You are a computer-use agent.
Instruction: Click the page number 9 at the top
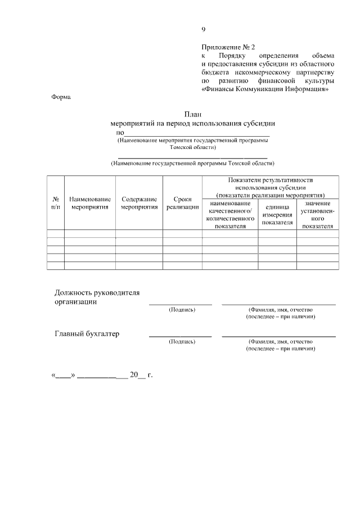pos(204,30)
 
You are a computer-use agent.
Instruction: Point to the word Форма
pos(61,97)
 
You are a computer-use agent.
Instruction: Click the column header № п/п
pos(56,203)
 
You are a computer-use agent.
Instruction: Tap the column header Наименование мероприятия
pos(90,203)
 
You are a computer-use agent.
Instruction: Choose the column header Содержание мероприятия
pos(139,203)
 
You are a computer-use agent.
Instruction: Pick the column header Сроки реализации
pos(183,203)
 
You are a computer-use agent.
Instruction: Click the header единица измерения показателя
pos(277,215)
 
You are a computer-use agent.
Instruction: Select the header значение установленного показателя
pos(318,215)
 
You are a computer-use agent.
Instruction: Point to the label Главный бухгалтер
pos(87,334)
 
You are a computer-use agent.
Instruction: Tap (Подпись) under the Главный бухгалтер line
pos(182,341)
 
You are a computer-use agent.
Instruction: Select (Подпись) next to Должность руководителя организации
pos(182,309)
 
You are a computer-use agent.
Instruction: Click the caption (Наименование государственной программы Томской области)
pos(193,164)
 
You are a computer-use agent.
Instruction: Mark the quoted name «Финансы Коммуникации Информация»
pos(264,89)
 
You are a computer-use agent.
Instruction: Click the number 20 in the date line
pos(134,375)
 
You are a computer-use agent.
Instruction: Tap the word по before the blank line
pos(120,132)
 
